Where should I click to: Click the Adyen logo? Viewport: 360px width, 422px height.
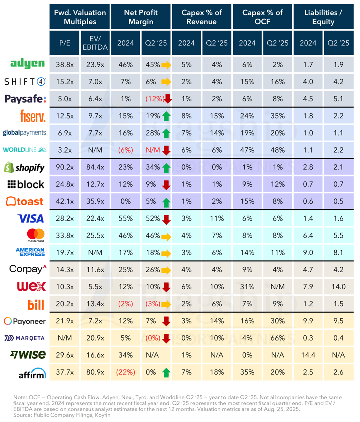click(x=28, y=64)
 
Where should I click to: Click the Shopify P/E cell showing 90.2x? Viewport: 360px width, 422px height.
click(x=65, y=167)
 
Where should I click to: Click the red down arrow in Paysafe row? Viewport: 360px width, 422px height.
click(x=168, y=99)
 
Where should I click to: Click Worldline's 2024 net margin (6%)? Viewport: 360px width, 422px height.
click(x=125, y=150)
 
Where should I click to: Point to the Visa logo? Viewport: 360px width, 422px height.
click(x=30, y=218)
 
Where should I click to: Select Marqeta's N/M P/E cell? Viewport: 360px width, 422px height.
click(x=65, y=338)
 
